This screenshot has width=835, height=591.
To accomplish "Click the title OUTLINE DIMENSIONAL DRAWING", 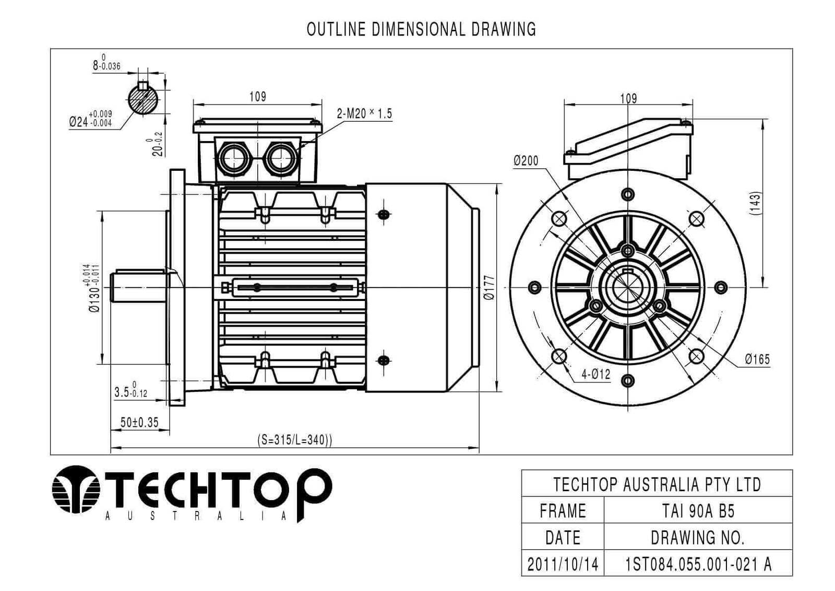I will coord(421,29).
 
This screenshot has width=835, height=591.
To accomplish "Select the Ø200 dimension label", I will coord(526,160).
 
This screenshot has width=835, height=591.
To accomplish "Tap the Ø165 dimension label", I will coord(757,359).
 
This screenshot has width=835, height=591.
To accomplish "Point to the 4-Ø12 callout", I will coord(595,374).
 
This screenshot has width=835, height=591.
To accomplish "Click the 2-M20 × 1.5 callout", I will coord(364,113).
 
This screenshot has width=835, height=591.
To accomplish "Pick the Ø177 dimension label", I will coord(489,287).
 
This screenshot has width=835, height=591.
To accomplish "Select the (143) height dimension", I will coord(756,203).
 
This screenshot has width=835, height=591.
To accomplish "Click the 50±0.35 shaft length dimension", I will coord(139,422).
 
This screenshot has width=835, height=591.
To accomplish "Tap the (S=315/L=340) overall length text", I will coord(295,439).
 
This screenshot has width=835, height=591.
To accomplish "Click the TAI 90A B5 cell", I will coord(698,511).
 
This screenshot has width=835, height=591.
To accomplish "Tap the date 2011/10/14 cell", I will coord(563,564).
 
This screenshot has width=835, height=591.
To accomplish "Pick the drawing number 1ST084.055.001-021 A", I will coord(698,564).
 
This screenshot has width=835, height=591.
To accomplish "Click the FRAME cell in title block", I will coord(563,511).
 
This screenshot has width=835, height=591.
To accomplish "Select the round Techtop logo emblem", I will coord(76,490).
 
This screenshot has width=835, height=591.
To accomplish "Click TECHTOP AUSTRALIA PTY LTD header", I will coord(657,484).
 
